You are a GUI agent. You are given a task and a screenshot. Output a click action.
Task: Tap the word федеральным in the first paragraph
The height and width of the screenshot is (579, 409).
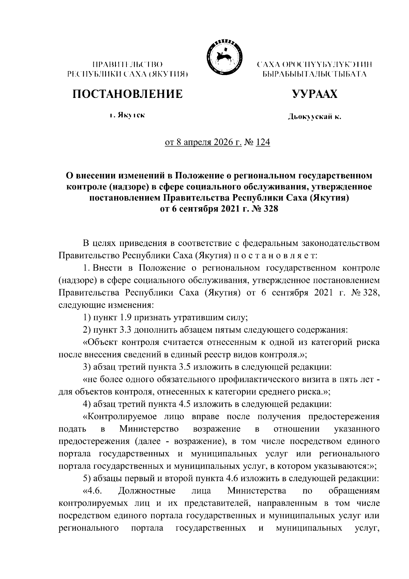[x=270, y=244]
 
